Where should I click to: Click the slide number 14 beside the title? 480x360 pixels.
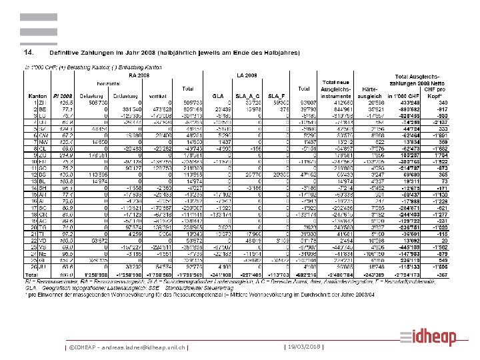[29, 51]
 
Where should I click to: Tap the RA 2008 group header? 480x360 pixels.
[137, 76]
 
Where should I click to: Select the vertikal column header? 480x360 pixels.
[159, 89]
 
